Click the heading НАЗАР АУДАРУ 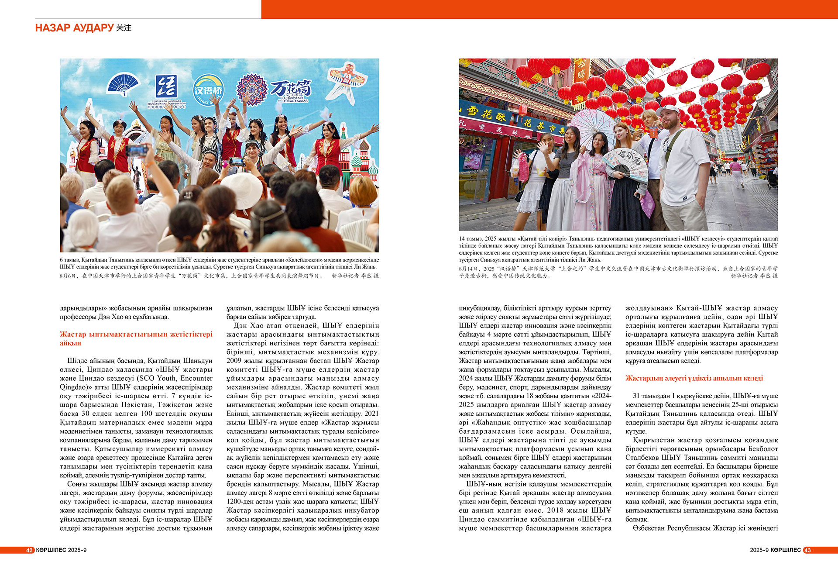74,28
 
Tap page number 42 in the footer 29,550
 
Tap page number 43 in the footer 807,550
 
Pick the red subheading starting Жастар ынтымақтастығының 136,338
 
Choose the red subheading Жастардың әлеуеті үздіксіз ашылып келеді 694,378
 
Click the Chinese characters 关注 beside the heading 124,28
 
